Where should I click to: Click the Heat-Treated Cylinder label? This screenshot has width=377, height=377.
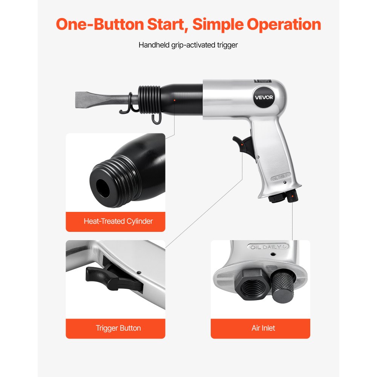pyautogui.click(x=118, y=221)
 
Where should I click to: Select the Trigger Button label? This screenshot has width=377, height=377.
pyautogui.click(x=118, y=328)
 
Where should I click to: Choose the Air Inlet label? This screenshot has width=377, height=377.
pyautogui.click(x=263, y=328)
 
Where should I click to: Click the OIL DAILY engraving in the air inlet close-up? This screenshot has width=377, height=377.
pyautogui.click(x=267, y=247)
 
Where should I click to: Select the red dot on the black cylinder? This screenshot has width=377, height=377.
pyautogui.click(x=174, y=100)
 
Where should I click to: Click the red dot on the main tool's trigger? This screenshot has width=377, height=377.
pyautogui.click(x=242, y=143)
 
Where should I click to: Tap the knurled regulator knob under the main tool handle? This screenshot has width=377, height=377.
pyautogui.click(x=291, y=196)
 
